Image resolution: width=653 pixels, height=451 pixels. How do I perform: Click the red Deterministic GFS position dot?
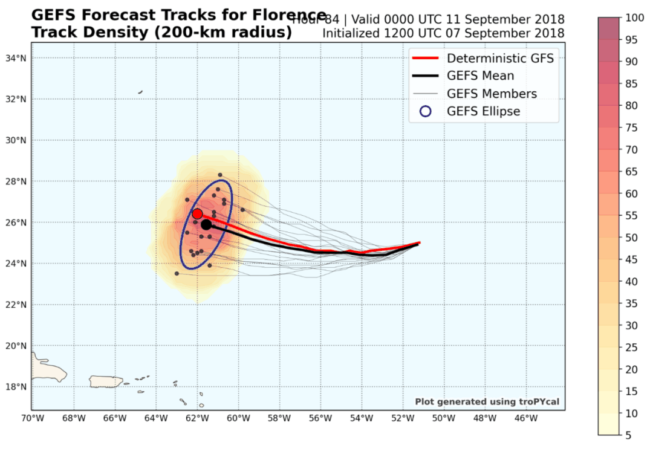tap(197, 213)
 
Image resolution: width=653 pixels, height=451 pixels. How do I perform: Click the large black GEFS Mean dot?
tap(206, 224)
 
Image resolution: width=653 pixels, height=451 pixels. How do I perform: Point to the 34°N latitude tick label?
tap(16, 58)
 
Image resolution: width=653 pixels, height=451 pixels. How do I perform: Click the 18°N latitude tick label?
tap(16, 387)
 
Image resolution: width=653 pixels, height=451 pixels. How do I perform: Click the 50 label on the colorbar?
tap(632, 237)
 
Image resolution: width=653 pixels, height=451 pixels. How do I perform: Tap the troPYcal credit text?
tap(488, 401)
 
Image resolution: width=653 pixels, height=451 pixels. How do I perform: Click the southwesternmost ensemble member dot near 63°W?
tap(177, 273)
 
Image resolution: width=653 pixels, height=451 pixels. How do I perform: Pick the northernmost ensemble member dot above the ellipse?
tap(220, 175)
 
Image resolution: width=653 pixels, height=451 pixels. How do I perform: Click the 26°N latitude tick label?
tap(16, 222)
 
